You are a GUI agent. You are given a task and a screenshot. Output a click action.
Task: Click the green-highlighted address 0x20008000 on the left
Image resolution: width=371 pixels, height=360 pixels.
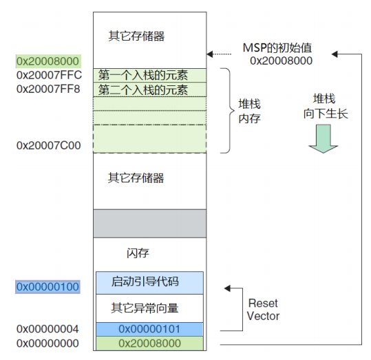[48, 61]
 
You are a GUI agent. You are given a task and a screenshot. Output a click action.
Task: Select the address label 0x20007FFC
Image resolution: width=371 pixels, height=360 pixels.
[49, 75]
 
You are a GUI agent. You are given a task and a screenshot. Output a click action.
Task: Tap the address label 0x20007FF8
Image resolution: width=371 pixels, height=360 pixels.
[48, 89]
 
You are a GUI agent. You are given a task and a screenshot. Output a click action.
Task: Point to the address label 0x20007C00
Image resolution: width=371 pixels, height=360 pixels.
[48, 145]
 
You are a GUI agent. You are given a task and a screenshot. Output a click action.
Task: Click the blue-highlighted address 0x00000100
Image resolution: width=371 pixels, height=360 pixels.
[47, 287]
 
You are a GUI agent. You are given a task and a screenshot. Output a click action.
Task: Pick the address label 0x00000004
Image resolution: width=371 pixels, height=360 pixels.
[47, 329]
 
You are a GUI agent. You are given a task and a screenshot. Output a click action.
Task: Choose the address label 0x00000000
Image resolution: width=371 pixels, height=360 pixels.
[47, 343]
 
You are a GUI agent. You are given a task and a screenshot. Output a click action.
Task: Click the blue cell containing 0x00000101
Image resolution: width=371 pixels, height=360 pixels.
[149, 329]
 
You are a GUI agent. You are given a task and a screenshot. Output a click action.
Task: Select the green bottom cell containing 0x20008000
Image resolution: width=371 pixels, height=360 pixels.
[149, 343]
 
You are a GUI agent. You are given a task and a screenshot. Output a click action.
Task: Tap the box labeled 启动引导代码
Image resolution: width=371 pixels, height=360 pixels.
[149, 283]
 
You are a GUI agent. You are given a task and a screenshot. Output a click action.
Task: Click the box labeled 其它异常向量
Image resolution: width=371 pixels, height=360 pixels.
[149, 308]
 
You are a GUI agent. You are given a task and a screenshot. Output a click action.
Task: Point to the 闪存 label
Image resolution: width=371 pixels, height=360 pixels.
[138, 253]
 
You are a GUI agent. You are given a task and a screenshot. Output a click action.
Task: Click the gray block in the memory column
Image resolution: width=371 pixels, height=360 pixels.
[150, 224]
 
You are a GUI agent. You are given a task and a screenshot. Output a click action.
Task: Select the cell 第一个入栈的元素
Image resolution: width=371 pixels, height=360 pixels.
[150, 76]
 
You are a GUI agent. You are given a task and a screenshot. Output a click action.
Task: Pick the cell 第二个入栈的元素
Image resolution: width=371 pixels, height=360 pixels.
[150, 89]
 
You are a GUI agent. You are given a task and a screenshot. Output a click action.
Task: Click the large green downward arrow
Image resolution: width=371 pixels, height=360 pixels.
[324, 139]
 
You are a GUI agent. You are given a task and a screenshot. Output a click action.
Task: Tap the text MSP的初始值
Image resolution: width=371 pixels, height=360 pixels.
[277, 47]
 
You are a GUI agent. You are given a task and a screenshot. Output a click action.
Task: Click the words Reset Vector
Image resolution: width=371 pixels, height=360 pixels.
[263, 310]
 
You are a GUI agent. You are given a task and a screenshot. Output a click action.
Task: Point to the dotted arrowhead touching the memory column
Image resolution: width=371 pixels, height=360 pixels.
[210, 54]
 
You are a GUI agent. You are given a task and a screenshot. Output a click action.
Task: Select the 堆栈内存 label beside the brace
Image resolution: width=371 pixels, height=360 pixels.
[249, 112]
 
